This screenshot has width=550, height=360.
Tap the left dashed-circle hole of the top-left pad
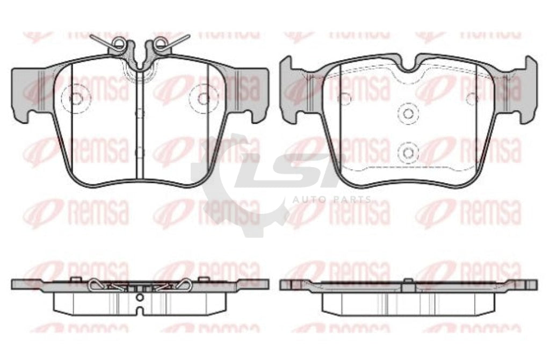(x=76, y=98)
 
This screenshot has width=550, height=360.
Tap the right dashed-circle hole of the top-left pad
(x=203, y=98)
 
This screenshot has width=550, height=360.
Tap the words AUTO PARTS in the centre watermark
(x=331, y=199)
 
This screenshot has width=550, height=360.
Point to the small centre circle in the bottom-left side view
(x=140, y=296)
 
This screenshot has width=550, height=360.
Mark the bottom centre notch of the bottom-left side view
(x=140, y=311)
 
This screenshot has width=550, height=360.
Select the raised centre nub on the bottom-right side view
(x=408, y=281)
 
